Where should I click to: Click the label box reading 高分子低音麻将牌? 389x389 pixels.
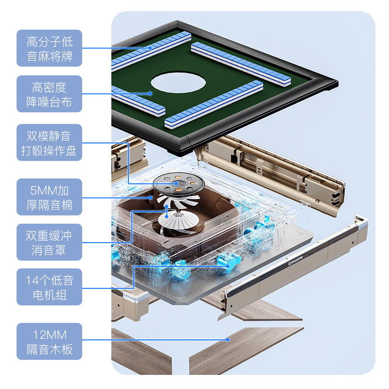(x=50, y=48)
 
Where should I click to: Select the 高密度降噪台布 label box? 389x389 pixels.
(x=50, y=94)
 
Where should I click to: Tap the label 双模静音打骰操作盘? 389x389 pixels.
(x=50, y=142)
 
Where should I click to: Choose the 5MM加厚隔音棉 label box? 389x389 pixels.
(x=50, y=197)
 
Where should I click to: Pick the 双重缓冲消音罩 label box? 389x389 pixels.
(x=50, y=242)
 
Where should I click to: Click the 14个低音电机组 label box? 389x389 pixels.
(x=50, y=287)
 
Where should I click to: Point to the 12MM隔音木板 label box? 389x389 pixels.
(x=50, y=341)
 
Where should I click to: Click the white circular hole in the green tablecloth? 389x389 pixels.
(x=178, y=83)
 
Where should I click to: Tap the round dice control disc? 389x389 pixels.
(x=178, y=184)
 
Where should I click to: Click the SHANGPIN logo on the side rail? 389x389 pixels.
(x=296, y=261)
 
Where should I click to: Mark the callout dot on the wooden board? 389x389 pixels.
(x=228, y=339)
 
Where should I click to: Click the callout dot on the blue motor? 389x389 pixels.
(x=228, y=266)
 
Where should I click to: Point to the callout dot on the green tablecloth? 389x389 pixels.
(x=150, y=93)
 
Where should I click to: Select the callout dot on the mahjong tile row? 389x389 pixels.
(x=150, y=47)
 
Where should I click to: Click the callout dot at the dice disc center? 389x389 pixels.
(x=176, y=184)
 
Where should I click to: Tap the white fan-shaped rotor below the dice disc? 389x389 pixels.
(x=178, y=220)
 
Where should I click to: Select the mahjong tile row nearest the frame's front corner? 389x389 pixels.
(x=213, y=104)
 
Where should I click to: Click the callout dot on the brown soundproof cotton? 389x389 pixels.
(x=151, y=198)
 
